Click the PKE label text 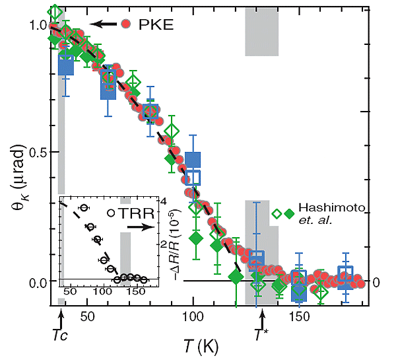pos(154,24)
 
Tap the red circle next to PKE pos(127,24)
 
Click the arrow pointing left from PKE pos(104,24)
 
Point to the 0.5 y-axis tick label pos(37,152)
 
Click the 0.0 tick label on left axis pos(37,282)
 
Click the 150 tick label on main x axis pos(299,318)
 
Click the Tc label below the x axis pos(60,336)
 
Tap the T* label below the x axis pos(262,335)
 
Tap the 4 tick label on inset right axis pos(166,201)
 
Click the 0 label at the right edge pos(376,282)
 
